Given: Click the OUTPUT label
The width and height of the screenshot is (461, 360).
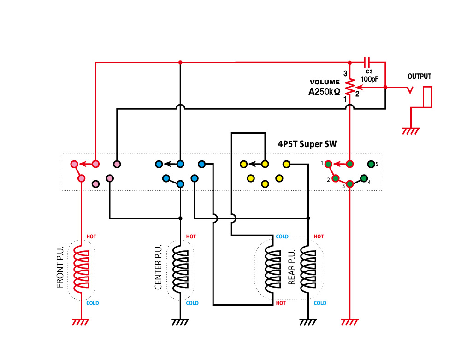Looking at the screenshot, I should click(x=420, y=77).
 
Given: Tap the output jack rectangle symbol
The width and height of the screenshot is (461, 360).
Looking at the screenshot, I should click(x=428, y=97).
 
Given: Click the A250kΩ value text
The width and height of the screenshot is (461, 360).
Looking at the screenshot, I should click(x=325, y=91).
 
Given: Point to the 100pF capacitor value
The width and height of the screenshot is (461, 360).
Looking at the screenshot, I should click(x=369, y=79).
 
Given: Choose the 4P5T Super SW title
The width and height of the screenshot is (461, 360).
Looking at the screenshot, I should click(x=307, y=144).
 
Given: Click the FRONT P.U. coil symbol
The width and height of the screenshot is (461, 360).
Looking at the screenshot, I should click(x=82, y=270).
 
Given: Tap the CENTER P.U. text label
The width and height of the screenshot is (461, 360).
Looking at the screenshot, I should click(x=159, y=270).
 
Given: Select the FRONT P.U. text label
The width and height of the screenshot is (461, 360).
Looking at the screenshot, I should click(x=60, y=270).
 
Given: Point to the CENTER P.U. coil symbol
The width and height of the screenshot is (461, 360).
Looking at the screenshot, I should click(x=180, y=270).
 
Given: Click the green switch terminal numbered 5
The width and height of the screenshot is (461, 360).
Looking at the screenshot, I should click(x=371, y=164).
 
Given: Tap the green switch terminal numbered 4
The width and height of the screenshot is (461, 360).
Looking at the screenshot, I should click(x=364, y=178).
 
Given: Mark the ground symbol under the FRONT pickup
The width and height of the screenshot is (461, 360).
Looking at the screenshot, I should click(x=81, y=322).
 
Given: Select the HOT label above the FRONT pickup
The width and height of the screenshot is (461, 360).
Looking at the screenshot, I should click(x=91, y=237).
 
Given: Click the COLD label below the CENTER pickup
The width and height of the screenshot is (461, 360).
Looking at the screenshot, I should click(x=192, y=303).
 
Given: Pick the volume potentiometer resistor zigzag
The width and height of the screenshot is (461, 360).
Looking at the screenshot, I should click(x=350, y=86).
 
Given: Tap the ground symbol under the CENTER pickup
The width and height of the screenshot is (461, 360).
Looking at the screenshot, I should click(x=180, y=322).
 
